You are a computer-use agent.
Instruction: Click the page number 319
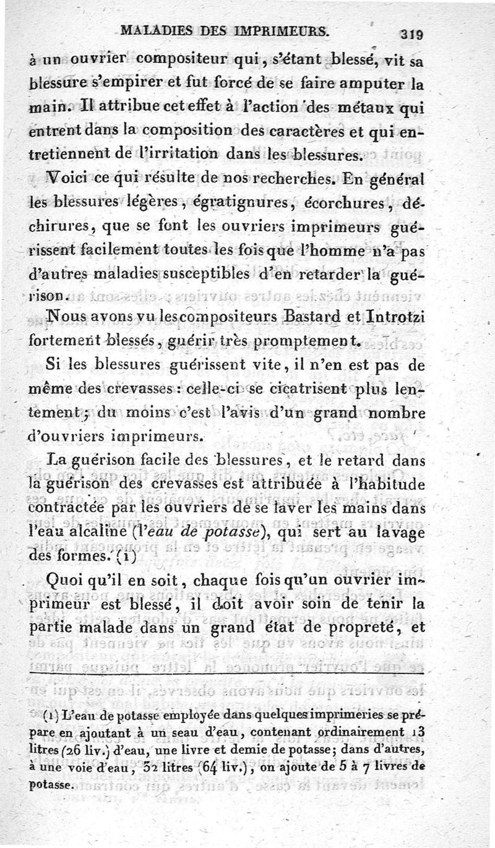tap(411, 35)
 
